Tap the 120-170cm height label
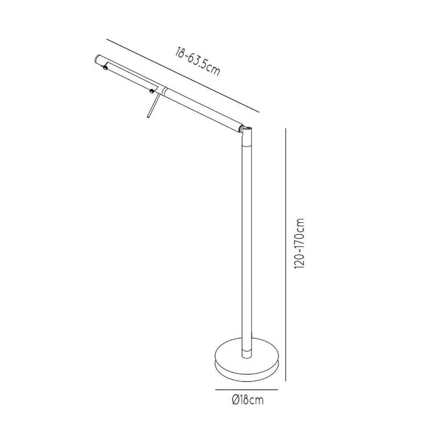(x=299, y=243)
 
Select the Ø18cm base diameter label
(x=248, y=400)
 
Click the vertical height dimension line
(x=286, y=254)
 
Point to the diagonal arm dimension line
(x=183, y=76)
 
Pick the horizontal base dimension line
(x=246, y=389)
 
